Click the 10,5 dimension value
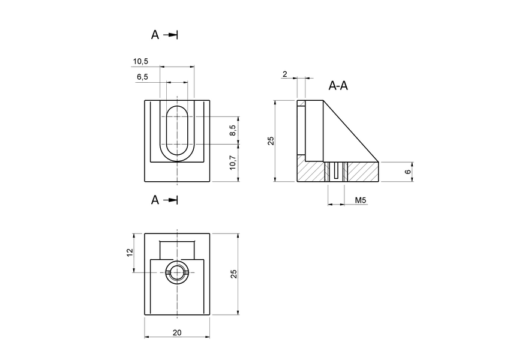pyautogui.click(x=141, y=61)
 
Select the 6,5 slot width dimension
pyautogui.click(x=143, y=77)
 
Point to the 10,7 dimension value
pyautogui.click(x=233, y=162)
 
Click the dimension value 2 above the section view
pyautogui.click(x=284, y=74)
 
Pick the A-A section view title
pyautogui.click(x=338, y=86)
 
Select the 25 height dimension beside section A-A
pyautogui.click(x=271, y=140)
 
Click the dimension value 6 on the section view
pyautogui.click(x=409, y=172)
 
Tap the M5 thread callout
pyautogui.click(x=361, y=200)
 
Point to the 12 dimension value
pyautogui.click(x=129, y=253)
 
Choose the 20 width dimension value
pyautogui.click(x=177, y=332)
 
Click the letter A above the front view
pyautogui.click(x=155, y=35)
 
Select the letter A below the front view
pyautogui.click(x=155, y=200)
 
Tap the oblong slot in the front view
pyautogui.click(x=177, y=132)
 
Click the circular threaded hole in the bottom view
pyautogui.click(x=177, y=273)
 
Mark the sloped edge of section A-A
pyautogui.click(x=351, y=131)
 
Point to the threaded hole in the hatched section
pyautogui.click(x=337, y=172)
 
